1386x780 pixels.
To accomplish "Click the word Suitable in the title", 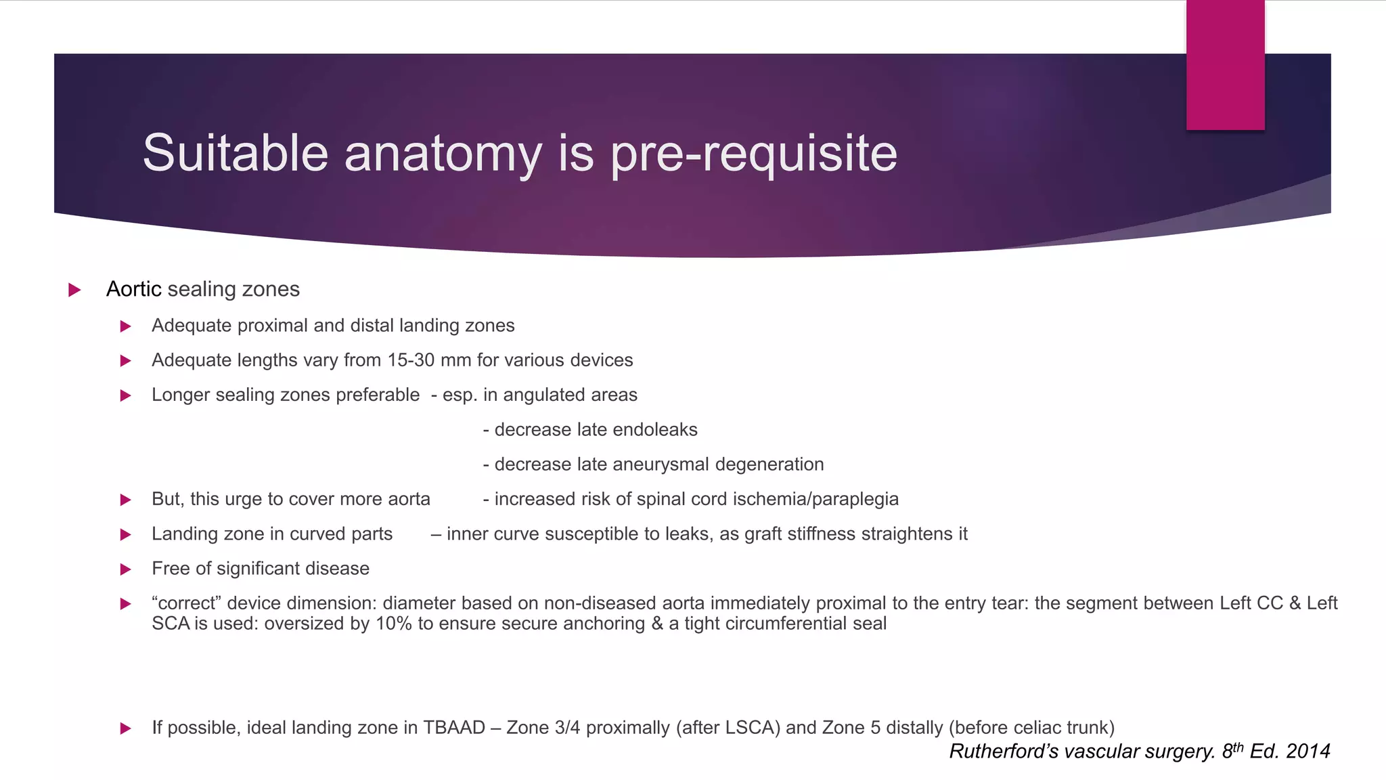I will (236, 153).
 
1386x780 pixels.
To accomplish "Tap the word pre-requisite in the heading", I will (754, 154).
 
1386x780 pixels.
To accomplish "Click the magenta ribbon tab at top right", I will (1225, 65).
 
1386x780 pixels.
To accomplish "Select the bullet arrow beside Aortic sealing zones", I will (74, 290).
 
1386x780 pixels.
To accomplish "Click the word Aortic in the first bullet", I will (133, 289).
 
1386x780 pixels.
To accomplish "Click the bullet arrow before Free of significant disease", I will (125, 569).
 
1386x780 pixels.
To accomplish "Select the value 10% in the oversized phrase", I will (394, 624).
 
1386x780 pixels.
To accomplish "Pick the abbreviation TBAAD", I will (454, 728).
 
